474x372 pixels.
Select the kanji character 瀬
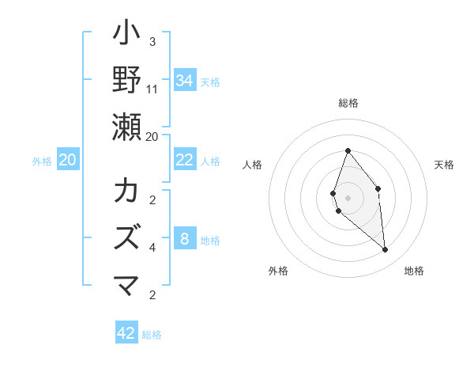[127, 127]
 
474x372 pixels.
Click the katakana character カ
[127, 192]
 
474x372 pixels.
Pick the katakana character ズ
[127, 238]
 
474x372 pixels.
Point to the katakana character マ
[127, 285]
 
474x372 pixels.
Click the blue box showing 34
[185, 81]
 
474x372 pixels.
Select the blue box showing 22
[185, 161]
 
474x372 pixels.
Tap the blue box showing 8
[185, 239]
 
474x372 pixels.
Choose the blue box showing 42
[126, 333]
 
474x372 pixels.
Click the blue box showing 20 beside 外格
[68, 161]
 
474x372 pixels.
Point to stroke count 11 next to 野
[152, 89]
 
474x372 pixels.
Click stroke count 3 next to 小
[152, 42]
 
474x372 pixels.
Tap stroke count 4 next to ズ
[152, 248]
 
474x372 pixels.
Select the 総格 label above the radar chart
[348, 103]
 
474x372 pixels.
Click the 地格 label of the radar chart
[414, 271]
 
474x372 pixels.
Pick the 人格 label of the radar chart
[253, 165]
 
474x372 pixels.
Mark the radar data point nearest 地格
[386, 250]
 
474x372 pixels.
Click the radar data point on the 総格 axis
[348, 150]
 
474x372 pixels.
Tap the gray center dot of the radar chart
[348, 198]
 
